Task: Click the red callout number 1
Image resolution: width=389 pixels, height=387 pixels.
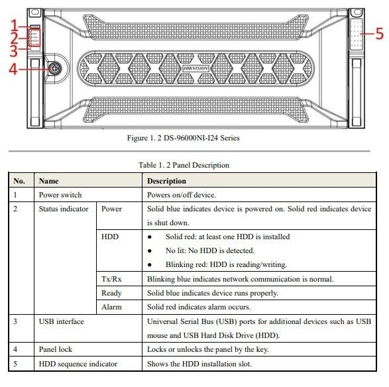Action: point(15,25)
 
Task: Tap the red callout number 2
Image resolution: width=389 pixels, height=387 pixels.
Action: point(14,38)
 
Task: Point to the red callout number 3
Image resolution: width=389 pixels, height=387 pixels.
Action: point(14,50)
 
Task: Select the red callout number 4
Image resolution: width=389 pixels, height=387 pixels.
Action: point(13,69)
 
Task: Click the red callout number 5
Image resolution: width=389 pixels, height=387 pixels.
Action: point(380,34)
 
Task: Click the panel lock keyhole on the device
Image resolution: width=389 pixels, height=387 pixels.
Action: point(54,68)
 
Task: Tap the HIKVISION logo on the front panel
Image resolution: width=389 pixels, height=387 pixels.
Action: point(195,68)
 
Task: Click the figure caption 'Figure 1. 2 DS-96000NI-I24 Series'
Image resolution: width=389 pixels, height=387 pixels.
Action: point(184,138)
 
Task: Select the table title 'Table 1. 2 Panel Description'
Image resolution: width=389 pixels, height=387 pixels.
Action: point(184,165)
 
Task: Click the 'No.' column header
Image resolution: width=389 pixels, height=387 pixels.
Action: point(19,181)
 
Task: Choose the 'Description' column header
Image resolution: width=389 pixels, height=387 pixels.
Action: point(166,181)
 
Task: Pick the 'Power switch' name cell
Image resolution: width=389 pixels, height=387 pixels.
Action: point(60,195)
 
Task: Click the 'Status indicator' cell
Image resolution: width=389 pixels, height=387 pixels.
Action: point(64,209)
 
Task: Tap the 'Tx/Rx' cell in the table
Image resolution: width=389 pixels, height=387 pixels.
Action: point(111,279)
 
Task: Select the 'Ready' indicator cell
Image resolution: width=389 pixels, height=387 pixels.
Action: point(111,293)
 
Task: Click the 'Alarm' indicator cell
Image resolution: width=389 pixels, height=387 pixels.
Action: point(111,307)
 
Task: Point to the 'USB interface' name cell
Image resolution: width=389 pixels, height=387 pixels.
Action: point(62,321)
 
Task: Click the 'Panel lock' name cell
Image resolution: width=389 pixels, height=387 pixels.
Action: point(56,349)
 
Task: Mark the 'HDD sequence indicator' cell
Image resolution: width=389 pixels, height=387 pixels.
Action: point(78,364)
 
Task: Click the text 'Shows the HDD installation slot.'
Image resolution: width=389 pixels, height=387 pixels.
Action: point(199,364)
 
